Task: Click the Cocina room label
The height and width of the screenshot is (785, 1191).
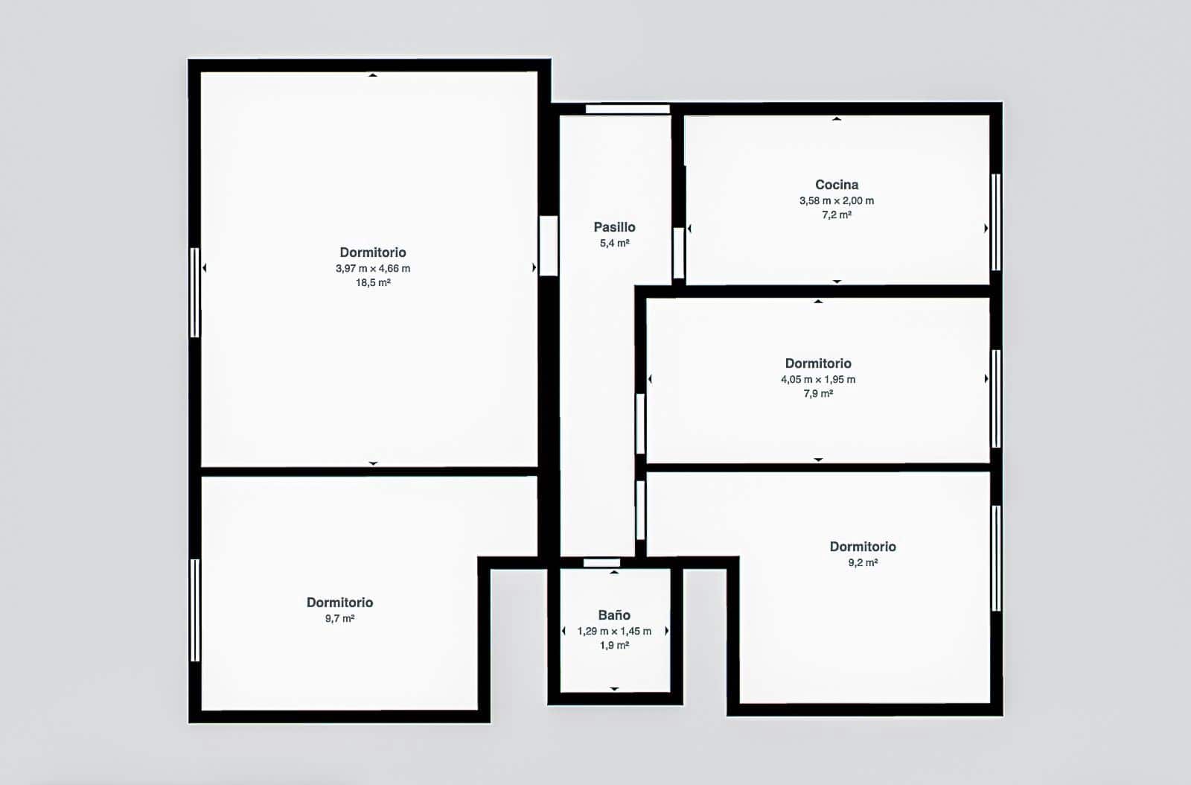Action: coord(837,185)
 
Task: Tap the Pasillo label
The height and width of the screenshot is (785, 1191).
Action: coord(614,227)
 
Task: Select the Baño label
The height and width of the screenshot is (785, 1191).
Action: coord(614,615)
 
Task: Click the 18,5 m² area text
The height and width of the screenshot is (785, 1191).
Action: coord(373,283)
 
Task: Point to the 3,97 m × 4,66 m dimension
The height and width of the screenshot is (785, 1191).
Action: coord(373,269)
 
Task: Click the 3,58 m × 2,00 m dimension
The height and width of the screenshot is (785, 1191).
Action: coord(837,201)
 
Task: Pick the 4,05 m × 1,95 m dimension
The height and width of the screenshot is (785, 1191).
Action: coord(818,380)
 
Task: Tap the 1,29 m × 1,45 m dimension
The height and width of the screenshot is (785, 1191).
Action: coord(614,632)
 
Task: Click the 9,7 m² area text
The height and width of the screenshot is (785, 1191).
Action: coord(339,619)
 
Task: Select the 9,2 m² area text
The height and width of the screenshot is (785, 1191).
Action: coord(863,563)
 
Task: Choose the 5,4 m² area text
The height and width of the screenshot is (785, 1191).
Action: coord(614,244)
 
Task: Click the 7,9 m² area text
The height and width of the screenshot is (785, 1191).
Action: coord(818,394)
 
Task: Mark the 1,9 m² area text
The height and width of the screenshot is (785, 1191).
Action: coord(614,646)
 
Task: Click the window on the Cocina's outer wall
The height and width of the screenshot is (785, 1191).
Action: coord(996,222)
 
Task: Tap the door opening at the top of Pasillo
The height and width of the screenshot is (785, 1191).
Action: coord(628,109)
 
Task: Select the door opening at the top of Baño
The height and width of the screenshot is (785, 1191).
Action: coord(601,563)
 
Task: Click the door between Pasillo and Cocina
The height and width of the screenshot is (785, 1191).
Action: coord(678,253)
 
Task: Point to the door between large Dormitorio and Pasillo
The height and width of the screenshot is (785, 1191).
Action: coord(549,246)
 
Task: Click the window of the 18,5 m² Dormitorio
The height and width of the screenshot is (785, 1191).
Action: coord(195,292)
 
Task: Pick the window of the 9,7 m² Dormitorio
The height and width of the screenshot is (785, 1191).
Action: coord(195,610)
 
